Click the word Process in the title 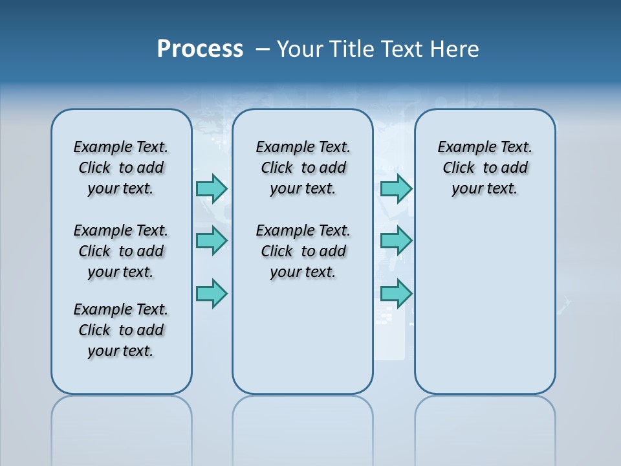pyautogui.click(x=200, y=49)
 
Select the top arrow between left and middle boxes pyautogui.click(x=212, y=188)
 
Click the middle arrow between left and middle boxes pyautogui.click(x=212, y=241)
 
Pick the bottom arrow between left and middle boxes pyautogui.click(x=212, y=293)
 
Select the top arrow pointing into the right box pyautogui.click(x=396, y=188)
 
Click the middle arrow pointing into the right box pyautogui.click(x=396, y=241)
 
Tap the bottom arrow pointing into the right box pyautogui.click(x=396, y=293)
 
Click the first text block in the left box pyautogui.click(x=121, y=168)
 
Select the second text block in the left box pyautogui.click(x=121, y=251)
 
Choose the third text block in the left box pyautogui.click(x=121, y=330)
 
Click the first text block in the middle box pyautogui.click(x=303, y=168)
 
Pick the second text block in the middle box pyautogui.click(x=303, y=251)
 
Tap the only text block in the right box pyautogui.click(x=485, y=168)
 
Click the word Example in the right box pyautogui.click(x=462, y=148)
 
